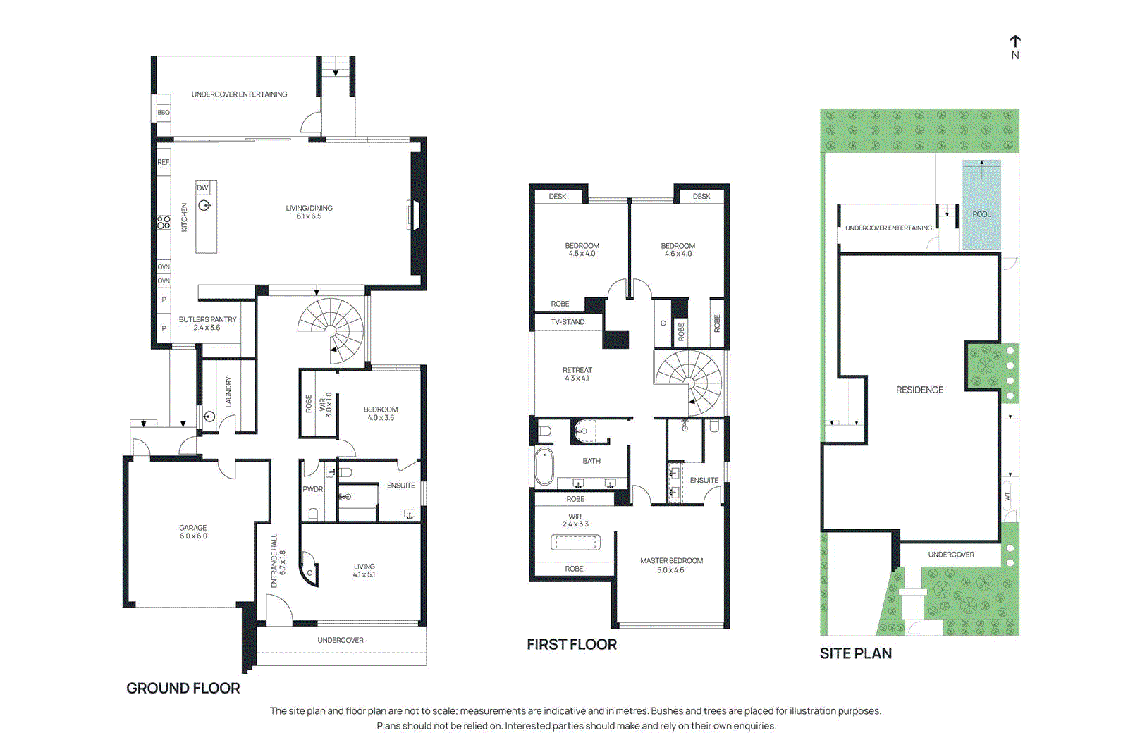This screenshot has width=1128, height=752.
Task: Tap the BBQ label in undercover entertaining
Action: pyautogui.click(x=163, y=113)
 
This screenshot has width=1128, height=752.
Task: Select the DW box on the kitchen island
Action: pyautogui.click(x=203, y=187)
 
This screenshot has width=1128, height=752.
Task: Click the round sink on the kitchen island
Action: pyautogui.click(x=204, y=206)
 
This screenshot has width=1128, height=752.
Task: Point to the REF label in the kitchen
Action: pyautogui.click(x=164, y=162)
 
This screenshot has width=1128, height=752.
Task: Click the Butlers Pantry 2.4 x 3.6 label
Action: pyautogui.click(x=207, y=323)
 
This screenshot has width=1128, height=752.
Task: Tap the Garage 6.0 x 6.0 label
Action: pyautogui.click(x=193, y=532)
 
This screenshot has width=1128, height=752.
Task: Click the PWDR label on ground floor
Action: pyautogui.click(x=313, y=489)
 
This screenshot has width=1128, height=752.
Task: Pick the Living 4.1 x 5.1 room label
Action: pyautogui.click(x=364, y=570)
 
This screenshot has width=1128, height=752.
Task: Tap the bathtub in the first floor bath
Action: pyautogui.click(x=544, y=467)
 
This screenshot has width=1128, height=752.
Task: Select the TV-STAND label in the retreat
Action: pyautogui.click(x=568, y=322)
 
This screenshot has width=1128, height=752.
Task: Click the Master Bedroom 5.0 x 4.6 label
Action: pyautogui.click(x=671, y=565)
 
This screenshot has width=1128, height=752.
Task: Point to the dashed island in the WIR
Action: pyautogui.click(x=575, y=542)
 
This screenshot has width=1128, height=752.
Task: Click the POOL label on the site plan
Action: pyautogui.click(x=981, y=214)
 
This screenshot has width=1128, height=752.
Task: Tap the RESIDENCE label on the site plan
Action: pyautogui.click(x=919, y=390)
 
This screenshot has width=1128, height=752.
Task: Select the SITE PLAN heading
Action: pyautogui.click(x=855, y=653)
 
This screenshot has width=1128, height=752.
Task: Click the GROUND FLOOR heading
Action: pyautogui.click(x=183, y=688)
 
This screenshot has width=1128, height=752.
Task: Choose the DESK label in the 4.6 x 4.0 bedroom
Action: pyautogui.click(x=701, y=197)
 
